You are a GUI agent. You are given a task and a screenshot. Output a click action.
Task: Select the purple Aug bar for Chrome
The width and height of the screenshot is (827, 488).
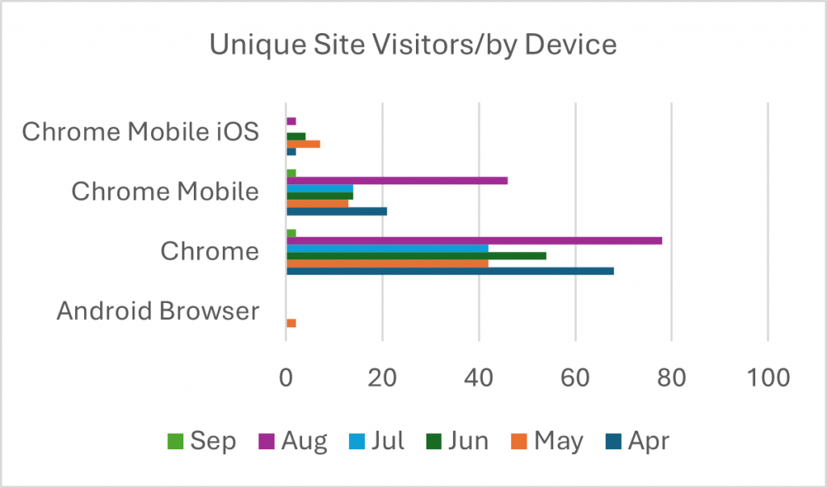[474, 241]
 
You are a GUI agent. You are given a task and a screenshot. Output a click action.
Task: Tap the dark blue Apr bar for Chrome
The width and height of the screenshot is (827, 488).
[450, 271]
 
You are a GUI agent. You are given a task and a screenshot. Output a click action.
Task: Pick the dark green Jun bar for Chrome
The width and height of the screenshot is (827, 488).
[416, 255]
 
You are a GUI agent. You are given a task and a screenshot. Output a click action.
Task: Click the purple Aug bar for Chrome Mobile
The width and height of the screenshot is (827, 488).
[397, 180]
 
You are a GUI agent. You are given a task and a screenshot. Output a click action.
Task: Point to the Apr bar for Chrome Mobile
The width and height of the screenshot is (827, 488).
[337, 211]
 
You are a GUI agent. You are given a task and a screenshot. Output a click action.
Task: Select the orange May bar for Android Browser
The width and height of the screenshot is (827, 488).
[291, 323]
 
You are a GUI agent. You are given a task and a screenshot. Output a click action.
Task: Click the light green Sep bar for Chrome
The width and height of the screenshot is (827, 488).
[291, 233]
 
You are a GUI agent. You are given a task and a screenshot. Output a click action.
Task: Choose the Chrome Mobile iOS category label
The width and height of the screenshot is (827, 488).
[141, 133]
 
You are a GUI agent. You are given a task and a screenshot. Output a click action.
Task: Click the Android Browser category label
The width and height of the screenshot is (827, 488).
[157, 311]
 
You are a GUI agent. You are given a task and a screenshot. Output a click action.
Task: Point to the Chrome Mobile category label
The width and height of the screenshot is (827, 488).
[165, 192]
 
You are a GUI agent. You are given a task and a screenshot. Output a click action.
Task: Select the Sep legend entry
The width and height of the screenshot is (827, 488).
[202, 441]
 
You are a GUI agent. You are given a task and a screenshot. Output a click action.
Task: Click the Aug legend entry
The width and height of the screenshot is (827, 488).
[293, 441]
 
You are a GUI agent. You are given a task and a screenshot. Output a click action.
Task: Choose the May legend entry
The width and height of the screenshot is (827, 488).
[547, 441]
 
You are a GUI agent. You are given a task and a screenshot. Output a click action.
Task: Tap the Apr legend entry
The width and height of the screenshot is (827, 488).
[638, 441]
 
